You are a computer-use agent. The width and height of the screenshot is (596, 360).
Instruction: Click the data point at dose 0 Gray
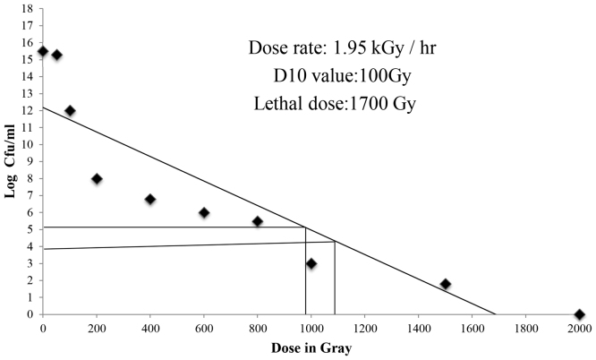(x=43, y=51)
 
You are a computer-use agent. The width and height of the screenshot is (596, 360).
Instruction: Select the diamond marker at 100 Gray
(x=70, y=111)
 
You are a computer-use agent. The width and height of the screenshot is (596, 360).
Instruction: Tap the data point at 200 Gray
(x=97, y=178)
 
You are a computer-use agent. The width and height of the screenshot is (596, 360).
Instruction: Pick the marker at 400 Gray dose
(x=150, y=199)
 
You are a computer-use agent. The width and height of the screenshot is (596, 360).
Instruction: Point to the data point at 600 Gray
(x=204, y=212)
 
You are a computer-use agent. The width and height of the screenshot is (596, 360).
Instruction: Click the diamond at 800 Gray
(x=258, y=221)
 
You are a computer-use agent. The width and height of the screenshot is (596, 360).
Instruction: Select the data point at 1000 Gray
(x=311, y=263)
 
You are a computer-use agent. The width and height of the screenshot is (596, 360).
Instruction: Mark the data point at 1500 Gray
(x=446, y=284)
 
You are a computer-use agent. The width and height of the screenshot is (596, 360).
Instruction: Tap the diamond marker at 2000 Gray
(x=580, y=314)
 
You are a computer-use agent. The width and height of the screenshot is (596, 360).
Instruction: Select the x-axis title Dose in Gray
(x=312, y=348)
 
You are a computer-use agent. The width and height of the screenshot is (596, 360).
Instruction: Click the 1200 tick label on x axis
(x=365, y=329)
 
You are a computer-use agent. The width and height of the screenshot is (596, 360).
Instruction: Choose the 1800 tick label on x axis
(x=526, y=329)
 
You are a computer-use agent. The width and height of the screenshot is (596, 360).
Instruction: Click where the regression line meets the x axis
(x=496, y=314)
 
